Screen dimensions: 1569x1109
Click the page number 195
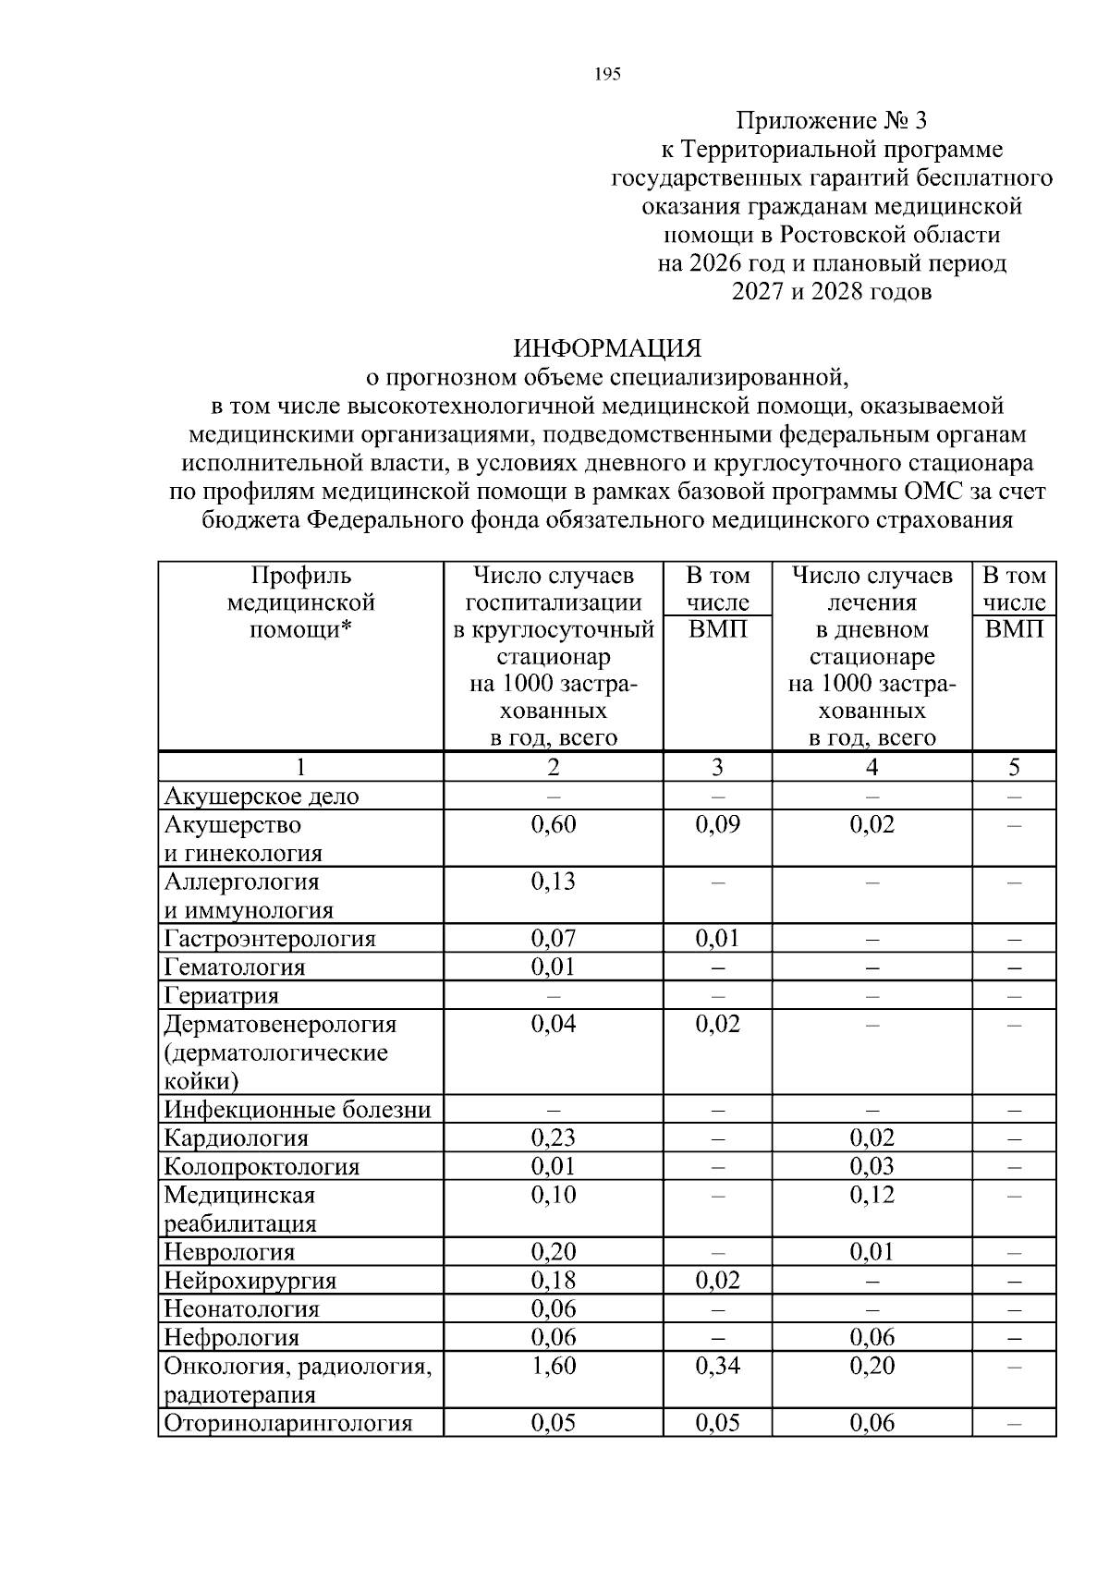[x=607, y=75]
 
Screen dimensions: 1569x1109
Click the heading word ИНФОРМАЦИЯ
[x=607, y=348]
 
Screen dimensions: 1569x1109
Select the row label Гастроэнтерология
[x=270, y=939]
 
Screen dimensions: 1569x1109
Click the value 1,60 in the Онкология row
[x=553, y=1366]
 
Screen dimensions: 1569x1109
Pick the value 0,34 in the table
[x=717, y=1366]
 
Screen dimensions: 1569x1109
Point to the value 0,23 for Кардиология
[x=553, y=1137]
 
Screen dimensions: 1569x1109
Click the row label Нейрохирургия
[x=250, y=1281]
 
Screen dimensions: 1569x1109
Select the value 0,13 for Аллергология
[x=553, y=882]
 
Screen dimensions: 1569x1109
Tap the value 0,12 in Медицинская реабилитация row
[x=871, y=1195]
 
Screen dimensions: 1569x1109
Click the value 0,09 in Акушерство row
[x=717, y=824]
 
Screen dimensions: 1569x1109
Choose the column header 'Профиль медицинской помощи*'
[x=300, y=602]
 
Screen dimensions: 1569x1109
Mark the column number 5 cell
[x=1014, y=767]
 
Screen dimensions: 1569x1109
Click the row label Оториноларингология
[x=286, y=1423]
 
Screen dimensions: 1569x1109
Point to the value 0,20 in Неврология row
[x=553, y=1252]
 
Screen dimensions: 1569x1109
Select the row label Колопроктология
[x=262, y=1166]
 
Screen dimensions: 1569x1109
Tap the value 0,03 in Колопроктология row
[x=871, y=1166]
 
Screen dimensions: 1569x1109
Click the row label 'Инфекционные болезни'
[x=297, y=1109]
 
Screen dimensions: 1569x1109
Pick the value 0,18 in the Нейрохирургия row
[x=553, y=1281]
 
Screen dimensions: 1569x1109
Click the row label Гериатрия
[x=221, y=996]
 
